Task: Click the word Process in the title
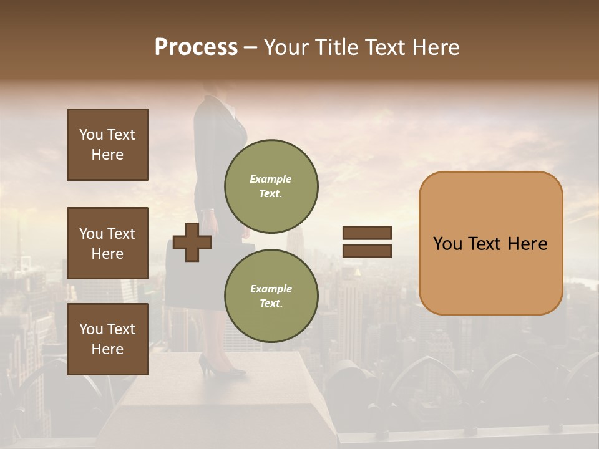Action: point(196,47)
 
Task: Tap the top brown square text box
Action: point(107,145)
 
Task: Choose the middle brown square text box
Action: point(107,243)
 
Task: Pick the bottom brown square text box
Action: point(107,339)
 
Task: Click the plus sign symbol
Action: point(192,242)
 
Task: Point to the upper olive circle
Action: point(271,186)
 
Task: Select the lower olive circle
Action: point(271,296)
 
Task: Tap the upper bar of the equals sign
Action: point(367,233)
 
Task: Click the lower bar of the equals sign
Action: point(367,251)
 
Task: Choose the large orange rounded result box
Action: point(490,243)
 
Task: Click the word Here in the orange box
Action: point(527,244)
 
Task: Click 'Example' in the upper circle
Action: point(271,179)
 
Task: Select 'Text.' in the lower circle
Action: point(271,303)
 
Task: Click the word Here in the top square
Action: point(107,155)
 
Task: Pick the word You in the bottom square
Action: point(91,329)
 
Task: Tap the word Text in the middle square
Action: point(121,234)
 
